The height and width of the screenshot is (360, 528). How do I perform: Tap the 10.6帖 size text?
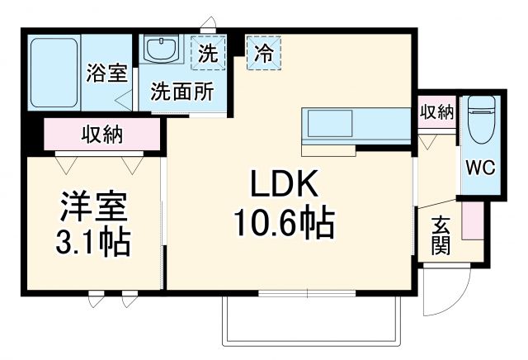285,221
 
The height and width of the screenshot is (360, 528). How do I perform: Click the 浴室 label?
106,73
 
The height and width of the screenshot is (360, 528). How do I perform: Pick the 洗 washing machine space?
210,55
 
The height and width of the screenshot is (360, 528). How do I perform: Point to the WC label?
479,168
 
